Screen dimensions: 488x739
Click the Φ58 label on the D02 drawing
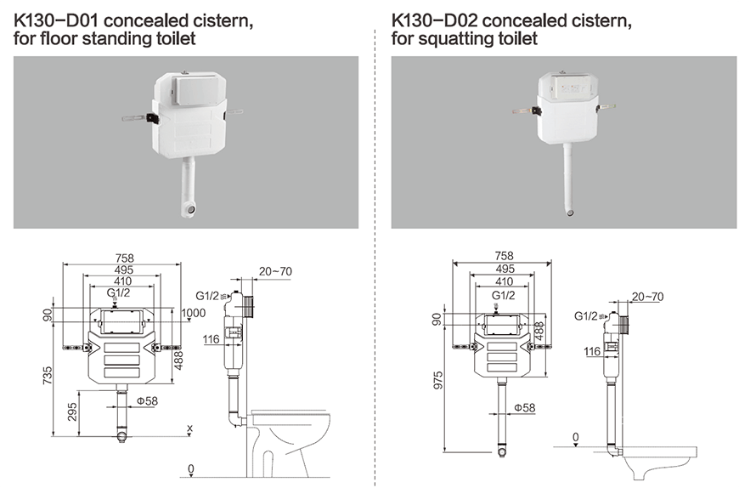click(524, 408)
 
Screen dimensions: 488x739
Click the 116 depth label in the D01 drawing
click(211, 340)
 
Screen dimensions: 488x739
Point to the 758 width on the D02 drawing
click(505, 255)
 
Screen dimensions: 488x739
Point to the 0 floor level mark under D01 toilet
click(191, 468)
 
